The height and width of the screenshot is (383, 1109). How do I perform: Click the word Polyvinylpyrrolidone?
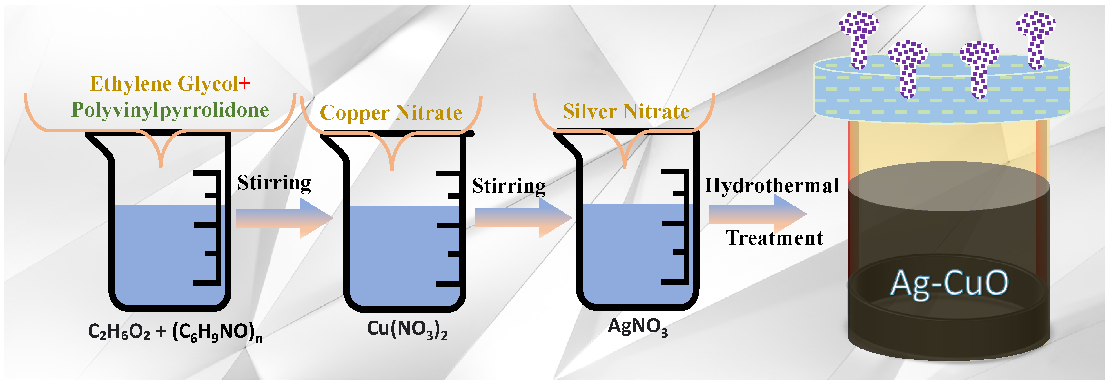pos(170,110)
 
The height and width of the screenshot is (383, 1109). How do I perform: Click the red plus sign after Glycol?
pos(245,83)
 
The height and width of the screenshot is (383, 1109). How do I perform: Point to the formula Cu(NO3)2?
pos(407,330)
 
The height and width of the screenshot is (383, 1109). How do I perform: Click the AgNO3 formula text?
pos(637,327)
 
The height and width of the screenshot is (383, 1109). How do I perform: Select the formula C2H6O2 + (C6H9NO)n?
pos(175,332)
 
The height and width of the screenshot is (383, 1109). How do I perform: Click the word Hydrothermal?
pos(771,186)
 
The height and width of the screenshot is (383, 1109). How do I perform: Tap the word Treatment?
pos(774,238)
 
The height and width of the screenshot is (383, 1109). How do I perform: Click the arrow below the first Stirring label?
pos(284,218)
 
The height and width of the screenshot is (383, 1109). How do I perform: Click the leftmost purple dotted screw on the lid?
pos(859,39)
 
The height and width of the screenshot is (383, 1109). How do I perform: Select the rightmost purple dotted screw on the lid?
pos(1035,39)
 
